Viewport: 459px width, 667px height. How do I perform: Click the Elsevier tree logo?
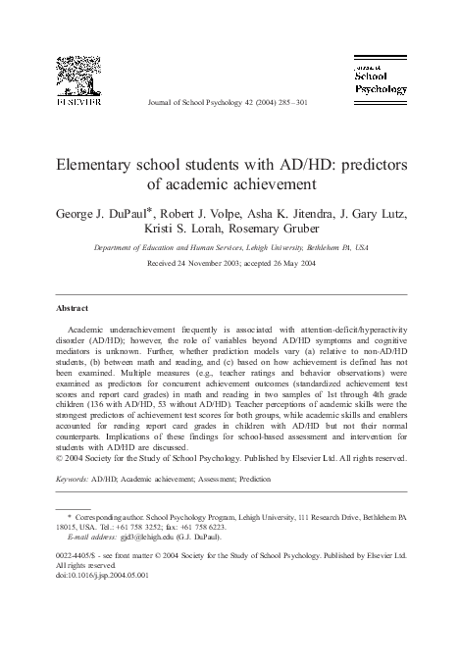(75, 74)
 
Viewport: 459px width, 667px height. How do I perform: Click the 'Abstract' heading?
(75, 306)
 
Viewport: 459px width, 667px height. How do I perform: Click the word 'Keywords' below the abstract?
(72, 481)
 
